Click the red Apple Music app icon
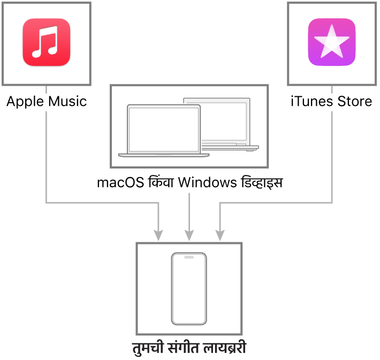click(x=47, y=43)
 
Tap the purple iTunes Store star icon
click(x=332, y=43)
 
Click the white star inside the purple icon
click(x=332, y=42)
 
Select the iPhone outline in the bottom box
click(x=189, y=289)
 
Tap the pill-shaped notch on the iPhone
click(x=189, y=257)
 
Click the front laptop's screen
click(x=164, y=129)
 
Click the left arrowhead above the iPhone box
click(x=158, y=235)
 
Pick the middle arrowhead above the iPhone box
click(x=189, y=235)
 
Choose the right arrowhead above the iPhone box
click(x=220, y=235)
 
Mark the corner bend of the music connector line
click(x=47, y=203)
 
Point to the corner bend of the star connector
click(x=332, y=203)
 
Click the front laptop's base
click(x=164, y=155)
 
